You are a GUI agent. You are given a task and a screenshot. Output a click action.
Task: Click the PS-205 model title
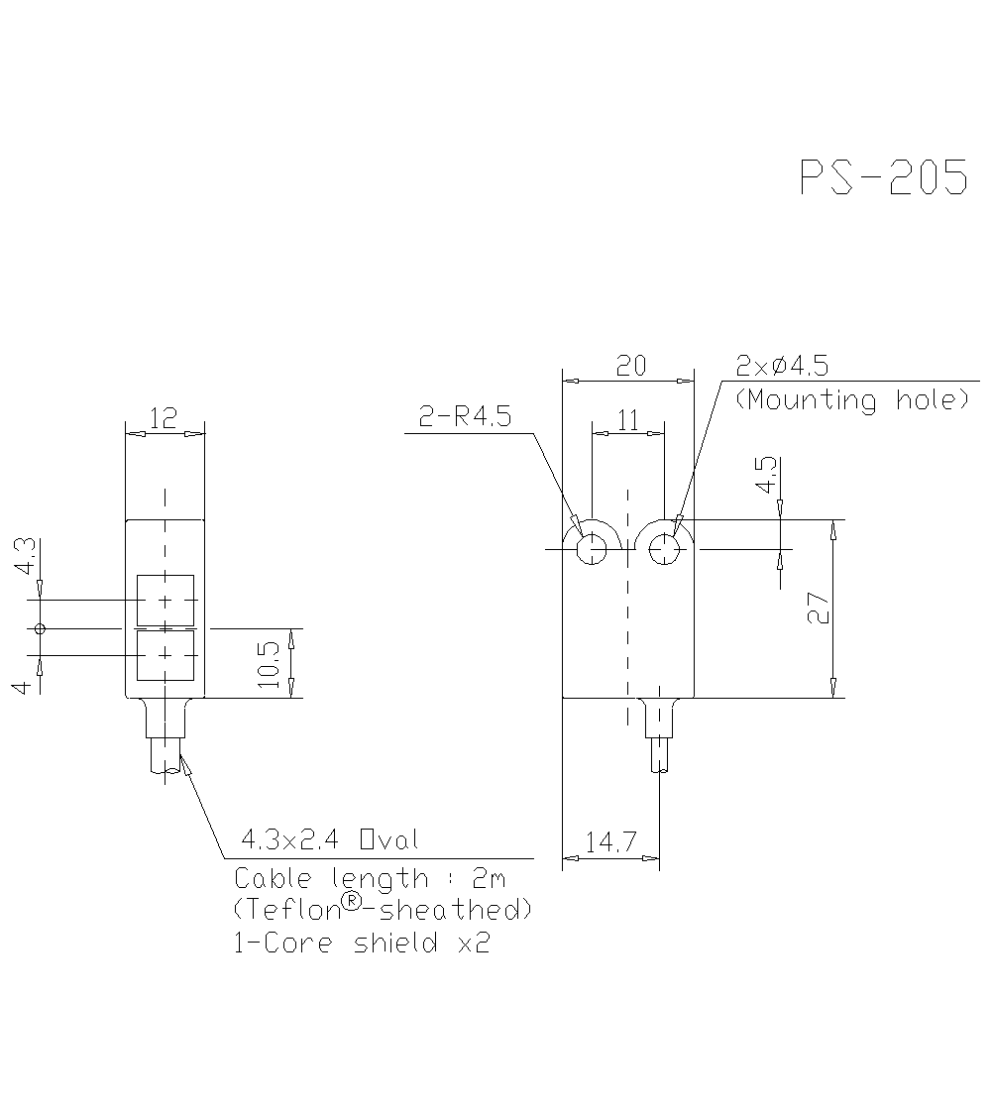click(x=883, y=178)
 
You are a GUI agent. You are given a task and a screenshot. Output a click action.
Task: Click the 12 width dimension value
click(x=165, y=418)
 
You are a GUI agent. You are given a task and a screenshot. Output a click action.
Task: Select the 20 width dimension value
click(x=630, y=366)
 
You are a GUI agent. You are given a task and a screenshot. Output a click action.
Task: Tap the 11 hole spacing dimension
click(x=628, y=420)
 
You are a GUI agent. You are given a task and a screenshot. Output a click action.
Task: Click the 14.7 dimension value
click(x=609, y=843)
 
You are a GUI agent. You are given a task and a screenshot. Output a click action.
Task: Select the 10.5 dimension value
click(x=269, y=663)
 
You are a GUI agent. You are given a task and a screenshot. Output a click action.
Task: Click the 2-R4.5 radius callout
click(x=465, y=417)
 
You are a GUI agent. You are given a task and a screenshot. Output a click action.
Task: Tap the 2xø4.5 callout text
click(x=782, y=366)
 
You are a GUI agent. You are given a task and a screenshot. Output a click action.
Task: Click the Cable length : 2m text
click(x=370, y=878)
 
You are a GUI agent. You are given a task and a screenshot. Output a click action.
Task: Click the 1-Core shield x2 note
click(x=362, y=943)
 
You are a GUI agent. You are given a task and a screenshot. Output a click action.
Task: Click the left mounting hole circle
click(x=592, y=548)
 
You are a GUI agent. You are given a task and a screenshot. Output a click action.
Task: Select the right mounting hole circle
click(x=664, y=548)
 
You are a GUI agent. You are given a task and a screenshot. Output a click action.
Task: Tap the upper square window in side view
click(x=165, y=600)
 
